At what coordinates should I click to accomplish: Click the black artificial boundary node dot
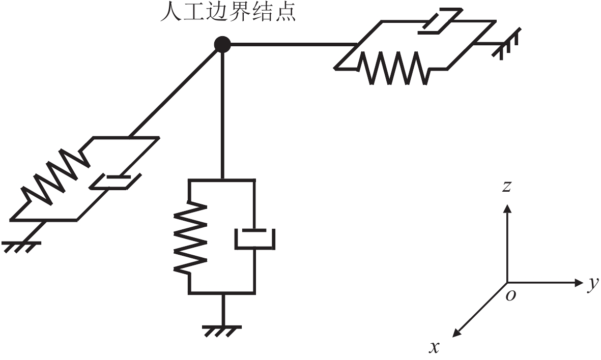click(222, 45)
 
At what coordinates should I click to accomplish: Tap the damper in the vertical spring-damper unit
click(254, 238)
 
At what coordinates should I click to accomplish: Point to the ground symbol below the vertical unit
click(222, 330)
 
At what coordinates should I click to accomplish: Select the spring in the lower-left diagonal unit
click(53, 175)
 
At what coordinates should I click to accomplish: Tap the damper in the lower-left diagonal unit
click(115, 181)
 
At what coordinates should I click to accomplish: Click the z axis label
click(506, 187)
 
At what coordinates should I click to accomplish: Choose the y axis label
click(591, 285)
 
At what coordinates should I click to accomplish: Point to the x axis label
click(434, 347)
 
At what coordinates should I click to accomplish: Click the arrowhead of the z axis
click(506, 207)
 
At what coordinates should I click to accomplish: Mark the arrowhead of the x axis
click(456, 332)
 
